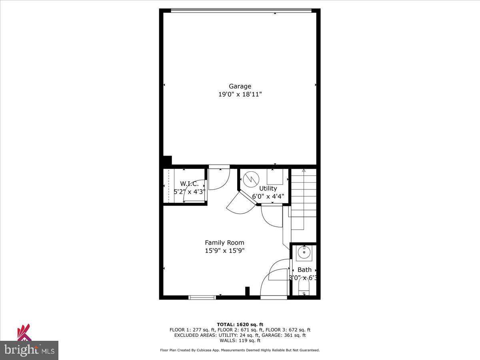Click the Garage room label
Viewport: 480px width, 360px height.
(240, 86)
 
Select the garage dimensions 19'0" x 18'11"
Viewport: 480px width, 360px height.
(240, 95)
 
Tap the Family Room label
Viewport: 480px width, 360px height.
(224, 242)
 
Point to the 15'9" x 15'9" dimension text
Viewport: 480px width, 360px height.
(224, 251)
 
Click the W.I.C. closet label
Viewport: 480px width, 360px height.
(189, 184)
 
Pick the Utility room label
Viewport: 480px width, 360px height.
(268, 188)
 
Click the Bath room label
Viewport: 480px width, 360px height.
(304, 270)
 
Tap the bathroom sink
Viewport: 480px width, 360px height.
(304, 253)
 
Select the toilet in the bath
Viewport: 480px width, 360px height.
(304, 288)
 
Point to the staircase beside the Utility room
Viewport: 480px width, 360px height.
(304, 196)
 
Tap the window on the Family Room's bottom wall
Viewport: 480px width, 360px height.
(202, 297)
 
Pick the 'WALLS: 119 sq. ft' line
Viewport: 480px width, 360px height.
(240, 340)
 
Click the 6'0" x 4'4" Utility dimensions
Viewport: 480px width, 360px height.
(268, 196)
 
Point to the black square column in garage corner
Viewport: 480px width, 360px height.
(167, 160)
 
